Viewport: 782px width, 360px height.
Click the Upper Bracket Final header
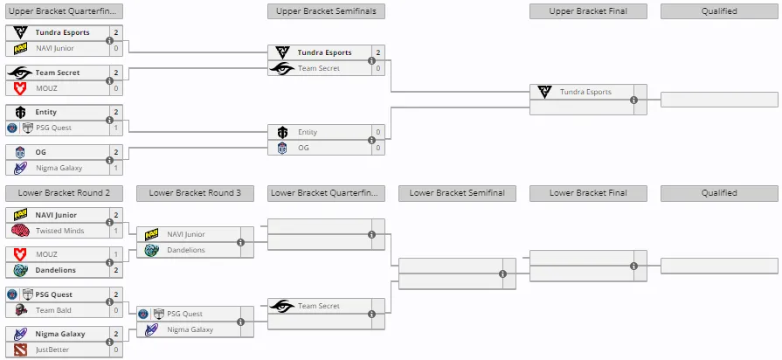point(588,11)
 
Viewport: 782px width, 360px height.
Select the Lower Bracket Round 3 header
point(195,193)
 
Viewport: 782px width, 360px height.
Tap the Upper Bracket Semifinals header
point(326,11)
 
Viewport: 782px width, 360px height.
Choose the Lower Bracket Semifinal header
point(457,193)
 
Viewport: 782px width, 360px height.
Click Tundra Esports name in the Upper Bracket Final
point(585,92)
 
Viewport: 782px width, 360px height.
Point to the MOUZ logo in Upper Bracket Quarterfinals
point(20,88)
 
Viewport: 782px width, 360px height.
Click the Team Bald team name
point(53,310)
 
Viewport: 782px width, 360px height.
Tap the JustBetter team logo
point(20,350)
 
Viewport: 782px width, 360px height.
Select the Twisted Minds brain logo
point(20,231)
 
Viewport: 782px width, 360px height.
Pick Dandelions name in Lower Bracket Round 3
point(186,250)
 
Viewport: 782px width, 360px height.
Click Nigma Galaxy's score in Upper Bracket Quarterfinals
point(116,168)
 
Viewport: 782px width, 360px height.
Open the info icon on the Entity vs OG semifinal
point(371,140)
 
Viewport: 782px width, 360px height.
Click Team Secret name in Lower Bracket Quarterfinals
point(319,306)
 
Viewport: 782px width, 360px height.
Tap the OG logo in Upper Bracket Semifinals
point(283,148)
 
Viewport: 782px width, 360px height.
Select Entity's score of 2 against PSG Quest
point(116,112)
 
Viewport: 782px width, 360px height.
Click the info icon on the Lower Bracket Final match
point(633,266)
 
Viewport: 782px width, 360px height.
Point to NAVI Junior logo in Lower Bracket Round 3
point(152,234)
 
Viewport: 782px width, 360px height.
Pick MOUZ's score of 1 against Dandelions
point(116,254)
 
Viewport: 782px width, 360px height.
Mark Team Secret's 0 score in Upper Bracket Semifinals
point(378,68)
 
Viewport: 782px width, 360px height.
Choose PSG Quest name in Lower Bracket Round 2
point(53,294)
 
